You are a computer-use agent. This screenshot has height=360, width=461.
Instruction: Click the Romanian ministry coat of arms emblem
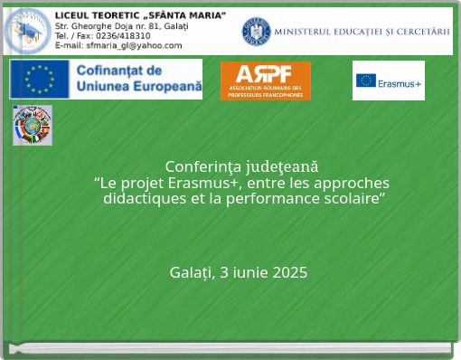point(256,32)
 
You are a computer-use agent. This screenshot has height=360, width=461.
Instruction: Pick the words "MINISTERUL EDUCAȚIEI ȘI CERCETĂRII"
point(362,32)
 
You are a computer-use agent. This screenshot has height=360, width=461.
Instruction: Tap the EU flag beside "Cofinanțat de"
point(40,79)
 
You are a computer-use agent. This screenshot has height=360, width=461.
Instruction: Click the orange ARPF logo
point(265,81)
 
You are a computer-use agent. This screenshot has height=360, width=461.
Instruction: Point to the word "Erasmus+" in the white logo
point(400,83)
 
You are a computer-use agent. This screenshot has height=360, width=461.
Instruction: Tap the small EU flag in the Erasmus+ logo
point(366,81)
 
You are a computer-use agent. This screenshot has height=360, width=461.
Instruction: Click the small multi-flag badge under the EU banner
point(33,125)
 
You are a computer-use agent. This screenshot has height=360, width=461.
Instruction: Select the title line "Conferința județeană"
point(241,166)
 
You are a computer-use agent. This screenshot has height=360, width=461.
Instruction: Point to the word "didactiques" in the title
point(144,199)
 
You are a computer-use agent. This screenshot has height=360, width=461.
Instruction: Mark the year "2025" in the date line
point(289,272)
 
